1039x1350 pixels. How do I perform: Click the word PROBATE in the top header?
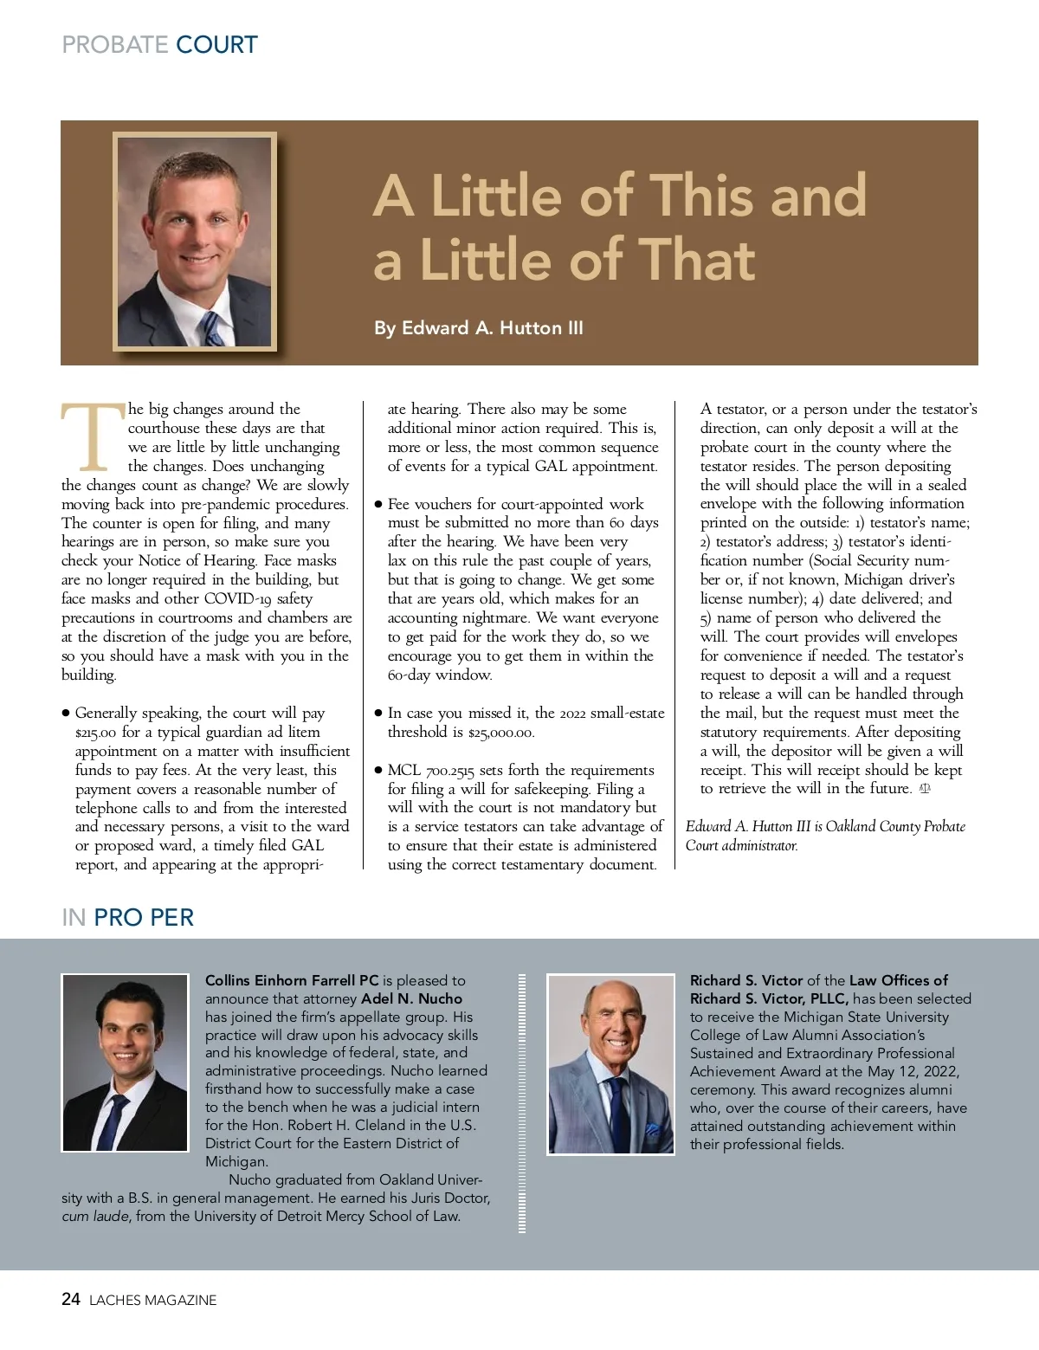[x=115, y=45]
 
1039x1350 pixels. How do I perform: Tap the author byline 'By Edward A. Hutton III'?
[x=478, y=328]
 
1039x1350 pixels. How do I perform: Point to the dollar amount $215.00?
[x=95, y=733]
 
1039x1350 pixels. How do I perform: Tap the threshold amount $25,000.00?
[x=501, y=733]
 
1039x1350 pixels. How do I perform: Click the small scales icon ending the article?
[x=924, y=789]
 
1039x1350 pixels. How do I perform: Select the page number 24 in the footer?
[x=71, y=1299]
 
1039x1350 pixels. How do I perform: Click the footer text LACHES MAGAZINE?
[x=153, y=1300]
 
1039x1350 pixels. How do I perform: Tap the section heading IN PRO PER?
[x=127, y=917]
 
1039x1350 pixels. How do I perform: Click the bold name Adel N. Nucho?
[x=411, y=998]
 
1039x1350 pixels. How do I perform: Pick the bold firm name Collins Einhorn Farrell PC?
[x=292, y=980]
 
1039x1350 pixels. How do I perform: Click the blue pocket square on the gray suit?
[x=652, y=1129]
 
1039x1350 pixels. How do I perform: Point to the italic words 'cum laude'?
[x=94, y=1217]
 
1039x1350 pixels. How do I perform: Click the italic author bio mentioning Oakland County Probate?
[x=825, y=836]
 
